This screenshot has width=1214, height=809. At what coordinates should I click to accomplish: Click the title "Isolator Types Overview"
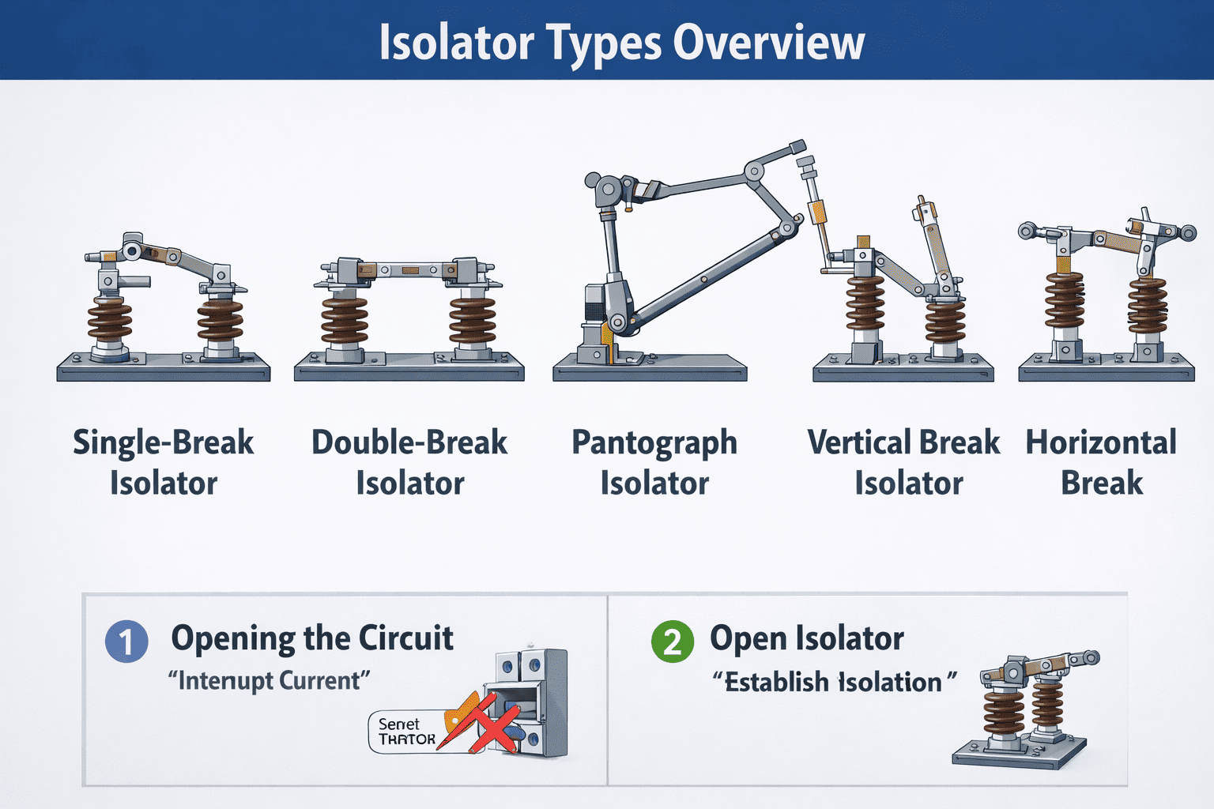tap(621, 42)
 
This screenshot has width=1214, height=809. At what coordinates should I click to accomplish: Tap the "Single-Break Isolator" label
tap(164, 462)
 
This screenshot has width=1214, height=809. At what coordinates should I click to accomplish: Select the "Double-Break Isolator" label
tap(409, 462)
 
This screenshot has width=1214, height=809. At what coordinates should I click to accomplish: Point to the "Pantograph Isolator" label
tap(654, 462)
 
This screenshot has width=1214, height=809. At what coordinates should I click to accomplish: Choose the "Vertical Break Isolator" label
tap(904, 462)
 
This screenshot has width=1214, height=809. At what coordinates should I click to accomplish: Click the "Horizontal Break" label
tap(1101, 462)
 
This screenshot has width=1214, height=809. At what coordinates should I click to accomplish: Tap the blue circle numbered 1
tap(126, 641)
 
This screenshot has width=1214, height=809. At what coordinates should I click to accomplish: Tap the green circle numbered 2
tap(672, 641)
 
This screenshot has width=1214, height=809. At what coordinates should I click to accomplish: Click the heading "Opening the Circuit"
tap(312, 638)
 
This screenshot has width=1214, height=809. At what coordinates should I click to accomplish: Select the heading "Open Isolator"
tap(806, 638)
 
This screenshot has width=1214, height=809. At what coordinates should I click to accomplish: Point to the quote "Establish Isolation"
tap(834, 682)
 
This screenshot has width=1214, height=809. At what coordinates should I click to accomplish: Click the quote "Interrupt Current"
tap(270, 680)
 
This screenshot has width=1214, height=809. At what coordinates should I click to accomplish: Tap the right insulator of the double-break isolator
tap(473, 320)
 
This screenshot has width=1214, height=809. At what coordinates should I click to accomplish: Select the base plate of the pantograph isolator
tap(649, 370)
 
